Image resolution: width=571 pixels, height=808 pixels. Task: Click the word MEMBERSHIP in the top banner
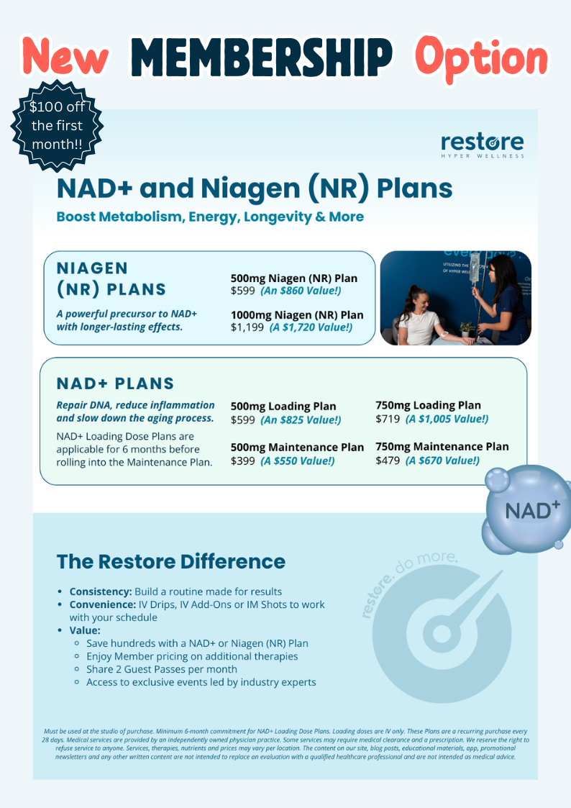[261, 57]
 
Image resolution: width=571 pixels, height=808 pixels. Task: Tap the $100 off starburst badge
[57, 125]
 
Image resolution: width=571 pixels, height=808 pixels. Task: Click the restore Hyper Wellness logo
[483, 145]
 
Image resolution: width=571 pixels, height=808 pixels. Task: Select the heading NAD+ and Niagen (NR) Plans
[255, 188]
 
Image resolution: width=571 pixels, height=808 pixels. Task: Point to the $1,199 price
[247, 327]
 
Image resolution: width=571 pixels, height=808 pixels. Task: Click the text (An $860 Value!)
[301, 291]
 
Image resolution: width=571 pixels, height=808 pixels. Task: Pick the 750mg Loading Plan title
[428, 406]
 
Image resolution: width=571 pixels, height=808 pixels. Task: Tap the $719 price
[388, 419]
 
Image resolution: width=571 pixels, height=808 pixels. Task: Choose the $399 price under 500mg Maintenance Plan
[243, 460]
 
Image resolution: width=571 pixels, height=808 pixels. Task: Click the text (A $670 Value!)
[442, 460]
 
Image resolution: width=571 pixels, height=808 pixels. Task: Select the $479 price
[388, 460]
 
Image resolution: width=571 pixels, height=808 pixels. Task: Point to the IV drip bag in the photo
[474, 268]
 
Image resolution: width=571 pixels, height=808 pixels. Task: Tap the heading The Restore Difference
[171, 561]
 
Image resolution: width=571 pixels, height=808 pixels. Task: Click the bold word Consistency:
[101, 591]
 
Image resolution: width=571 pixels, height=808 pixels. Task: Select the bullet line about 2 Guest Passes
[162, 669]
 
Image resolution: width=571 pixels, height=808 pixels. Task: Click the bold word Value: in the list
[85, 630]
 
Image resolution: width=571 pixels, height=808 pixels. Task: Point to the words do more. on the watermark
[426, 564]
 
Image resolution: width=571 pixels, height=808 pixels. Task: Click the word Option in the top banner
[482, 59]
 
